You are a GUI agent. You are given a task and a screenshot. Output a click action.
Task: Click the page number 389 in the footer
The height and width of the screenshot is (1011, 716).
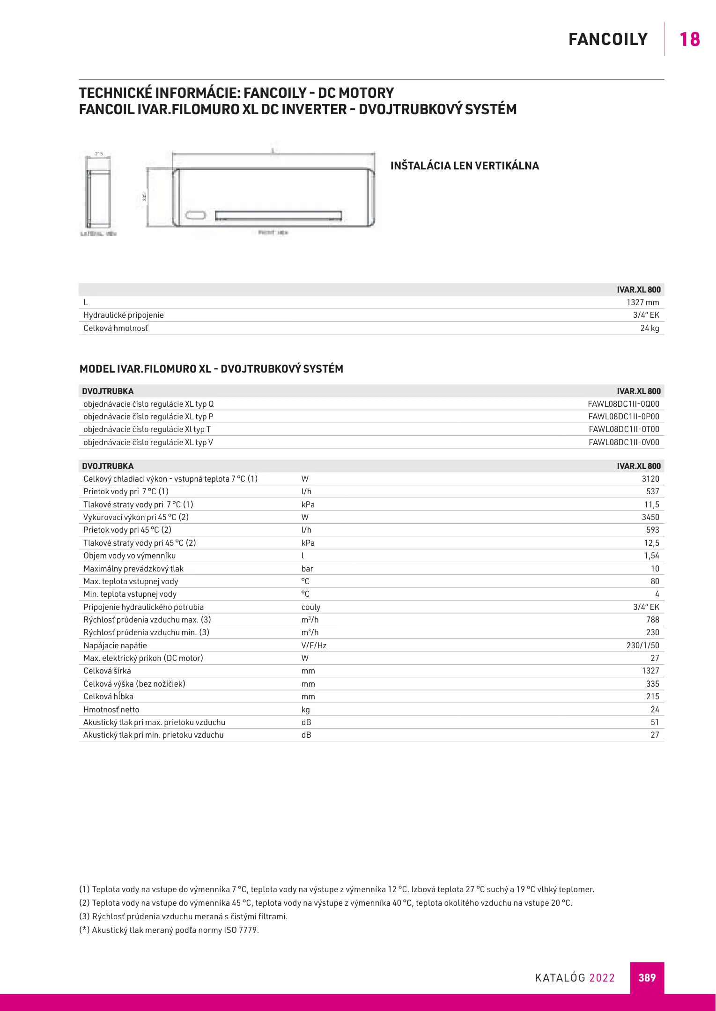tap(647, 978)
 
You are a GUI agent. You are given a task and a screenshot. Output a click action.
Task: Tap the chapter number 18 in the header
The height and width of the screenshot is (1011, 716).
tap(689, 39)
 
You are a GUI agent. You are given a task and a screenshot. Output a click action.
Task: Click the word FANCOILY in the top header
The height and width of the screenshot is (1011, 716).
tap(608, 39)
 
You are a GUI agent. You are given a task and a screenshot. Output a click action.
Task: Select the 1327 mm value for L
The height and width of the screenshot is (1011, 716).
tap(642, 302)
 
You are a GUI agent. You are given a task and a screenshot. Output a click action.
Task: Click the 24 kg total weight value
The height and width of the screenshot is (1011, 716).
tap(650, 328)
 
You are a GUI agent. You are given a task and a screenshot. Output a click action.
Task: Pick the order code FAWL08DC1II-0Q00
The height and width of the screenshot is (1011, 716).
tap(623, 404)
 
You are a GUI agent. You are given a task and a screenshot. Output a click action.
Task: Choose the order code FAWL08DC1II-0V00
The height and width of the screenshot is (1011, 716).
tap(624, 442)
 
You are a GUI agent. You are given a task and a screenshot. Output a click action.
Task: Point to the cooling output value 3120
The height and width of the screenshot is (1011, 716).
tap(650, 479)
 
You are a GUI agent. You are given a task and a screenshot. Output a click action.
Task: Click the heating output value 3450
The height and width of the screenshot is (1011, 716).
tap(650, 517)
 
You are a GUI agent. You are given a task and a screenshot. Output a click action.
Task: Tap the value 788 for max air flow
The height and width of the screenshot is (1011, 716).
tap(652, 620)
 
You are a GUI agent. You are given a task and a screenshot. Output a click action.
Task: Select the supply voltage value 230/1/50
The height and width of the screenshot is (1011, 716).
tap(642, 645)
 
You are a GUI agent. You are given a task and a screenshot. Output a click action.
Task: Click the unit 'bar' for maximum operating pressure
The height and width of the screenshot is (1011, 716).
tap(307, 569)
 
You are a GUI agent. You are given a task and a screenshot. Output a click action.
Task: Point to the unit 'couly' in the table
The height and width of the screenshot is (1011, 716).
tap(311, 607)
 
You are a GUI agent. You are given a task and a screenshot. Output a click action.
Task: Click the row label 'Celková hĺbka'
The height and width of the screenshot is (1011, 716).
tap(108, 696)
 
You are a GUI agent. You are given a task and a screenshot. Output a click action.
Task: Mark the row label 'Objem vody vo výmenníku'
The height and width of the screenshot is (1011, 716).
tap(129, 556)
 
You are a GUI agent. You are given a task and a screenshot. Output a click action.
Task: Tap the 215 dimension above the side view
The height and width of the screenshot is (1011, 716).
tap(99, 154)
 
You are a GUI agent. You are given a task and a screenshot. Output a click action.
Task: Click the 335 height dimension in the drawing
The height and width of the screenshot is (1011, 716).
tap(145, 197)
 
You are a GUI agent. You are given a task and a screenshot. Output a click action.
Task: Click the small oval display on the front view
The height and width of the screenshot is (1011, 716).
tap(196, 215)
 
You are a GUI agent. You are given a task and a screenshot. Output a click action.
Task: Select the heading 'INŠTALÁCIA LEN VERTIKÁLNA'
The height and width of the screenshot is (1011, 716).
tap(465, 166)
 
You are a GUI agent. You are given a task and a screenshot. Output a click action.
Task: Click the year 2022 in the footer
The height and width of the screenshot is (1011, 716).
tap(602, 978)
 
